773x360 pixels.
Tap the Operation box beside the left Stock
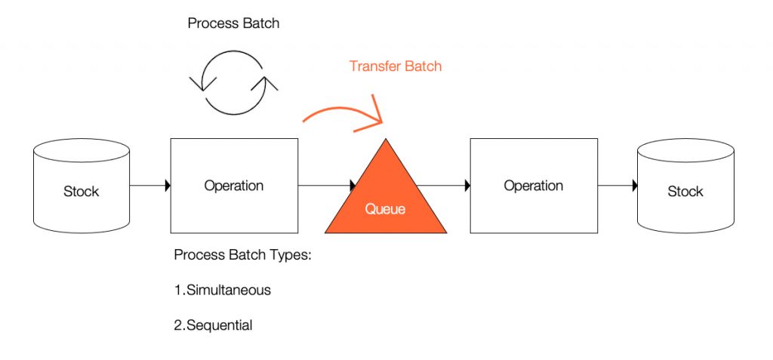click(234, 186)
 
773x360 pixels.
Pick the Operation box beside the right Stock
click(534, 186)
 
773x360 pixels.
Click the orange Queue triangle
click(386, 197)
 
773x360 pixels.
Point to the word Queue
click(385, 209)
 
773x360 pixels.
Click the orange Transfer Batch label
click(396, 66)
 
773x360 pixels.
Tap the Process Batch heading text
click(234, 23)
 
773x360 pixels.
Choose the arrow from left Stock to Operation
click(150, 186)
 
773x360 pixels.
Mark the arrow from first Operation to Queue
click(327, 186)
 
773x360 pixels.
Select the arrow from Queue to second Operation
click(443, 186)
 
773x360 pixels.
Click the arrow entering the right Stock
click(617, 186)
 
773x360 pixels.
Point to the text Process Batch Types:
click(243, 255)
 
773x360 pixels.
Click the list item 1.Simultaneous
click(223, 290)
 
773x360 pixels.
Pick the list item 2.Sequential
click(213, 325)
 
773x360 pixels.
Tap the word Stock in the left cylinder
click(82, 192)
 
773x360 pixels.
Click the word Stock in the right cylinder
click(685, 192)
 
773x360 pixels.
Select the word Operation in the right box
click(534, 186)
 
